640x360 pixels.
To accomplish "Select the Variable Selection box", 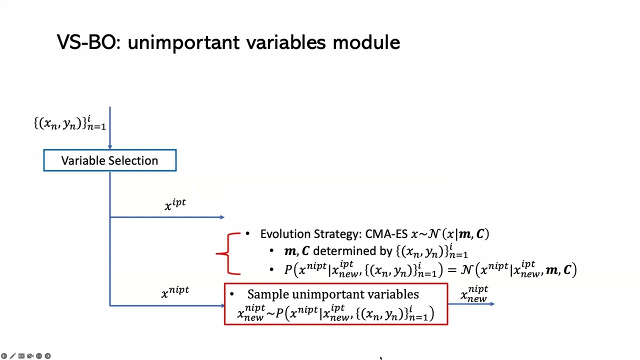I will click(109, 160).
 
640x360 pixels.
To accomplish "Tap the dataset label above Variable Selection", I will click(69, 123).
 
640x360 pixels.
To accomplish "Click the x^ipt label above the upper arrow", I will click(175, 204).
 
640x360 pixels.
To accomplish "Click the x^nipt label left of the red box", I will click(175, 292).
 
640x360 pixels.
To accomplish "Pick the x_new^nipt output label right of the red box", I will click(474, 293).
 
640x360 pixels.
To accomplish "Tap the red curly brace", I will click(228, 253).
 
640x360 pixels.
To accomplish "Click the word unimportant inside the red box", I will click(321, 294).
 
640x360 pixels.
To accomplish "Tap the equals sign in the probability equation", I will click(451, 270).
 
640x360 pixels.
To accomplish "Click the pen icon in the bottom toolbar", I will click(12, 356).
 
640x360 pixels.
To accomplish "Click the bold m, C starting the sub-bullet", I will click(296, 251).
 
